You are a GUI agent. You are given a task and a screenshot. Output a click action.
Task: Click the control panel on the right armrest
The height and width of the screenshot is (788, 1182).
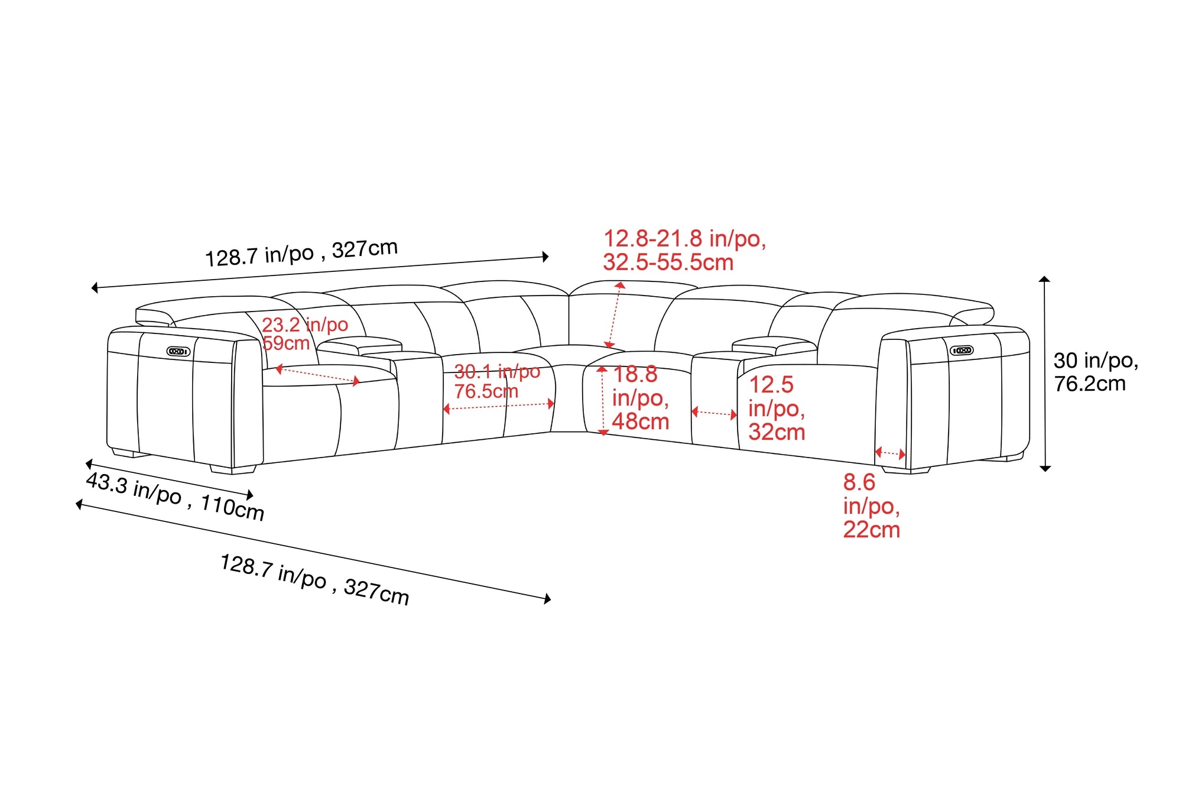962,351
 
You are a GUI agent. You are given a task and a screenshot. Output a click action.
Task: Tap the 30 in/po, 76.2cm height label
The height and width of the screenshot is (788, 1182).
1096,372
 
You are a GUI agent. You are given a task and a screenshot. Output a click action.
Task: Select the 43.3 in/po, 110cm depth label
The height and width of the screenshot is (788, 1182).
175,497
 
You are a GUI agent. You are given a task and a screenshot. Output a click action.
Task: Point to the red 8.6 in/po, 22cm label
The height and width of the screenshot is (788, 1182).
871,506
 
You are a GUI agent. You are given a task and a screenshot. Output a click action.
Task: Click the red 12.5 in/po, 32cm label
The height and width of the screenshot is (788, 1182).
777,408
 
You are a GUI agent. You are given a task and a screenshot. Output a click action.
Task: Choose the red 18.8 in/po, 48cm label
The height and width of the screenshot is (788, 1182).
640,398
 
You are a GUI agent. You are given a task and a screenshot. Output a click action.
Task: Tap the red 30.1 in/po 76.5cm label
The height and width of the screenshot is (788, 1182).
497,381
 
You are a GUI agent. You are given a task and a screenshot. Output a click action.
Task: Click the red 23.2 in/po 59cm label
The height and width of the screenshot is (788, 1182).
305,333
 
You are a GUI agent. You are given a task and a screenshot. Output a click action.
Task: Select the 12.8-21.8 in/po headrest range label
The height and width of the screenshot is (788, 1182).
684,251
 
